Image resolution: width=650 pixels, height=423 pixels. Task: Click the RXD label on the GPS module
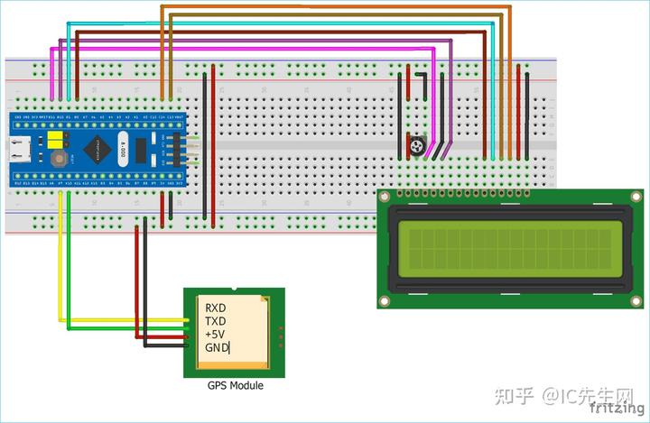tap(215, 308)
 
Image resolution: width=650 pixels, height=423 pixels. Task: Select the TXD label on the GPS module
tap(215, 321)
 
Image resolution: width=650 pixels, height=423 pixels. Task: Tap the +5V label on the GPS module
tap(215, 334)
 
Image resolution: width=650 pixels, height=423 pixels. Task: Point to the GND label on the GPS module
tap(217, 347)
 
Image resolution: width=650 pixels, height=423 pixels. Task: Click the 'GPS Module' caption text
tap(235, 385)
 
